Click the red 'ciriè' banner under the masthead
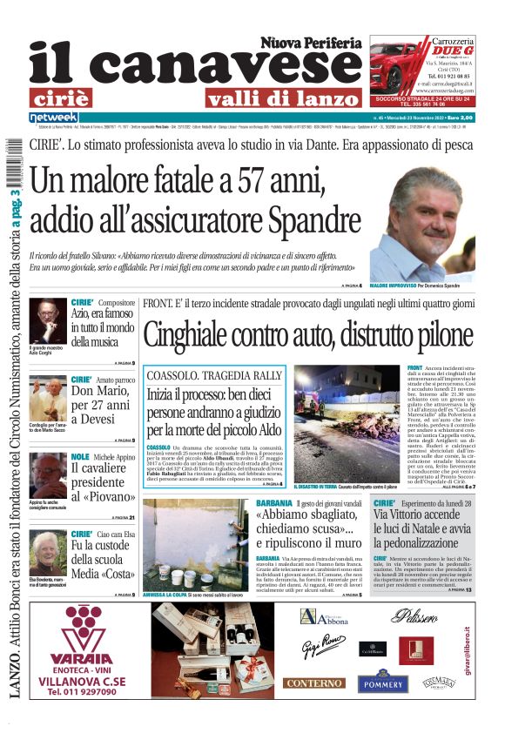click(65, 97)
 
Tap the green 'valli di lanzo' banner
click(239, 97)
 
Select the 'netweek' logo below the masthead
click(53, 117)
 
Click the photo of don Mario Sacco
click(47, 396)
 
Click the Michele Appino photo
click(47, 474)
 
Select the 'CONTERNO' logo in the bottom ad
click(313, 683)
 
